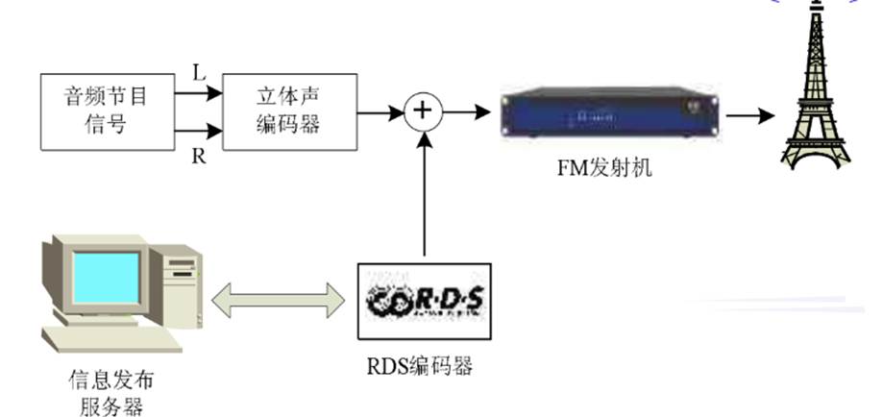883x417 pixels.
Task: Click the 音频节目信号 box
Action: pyautogui.click(x=109, y=110)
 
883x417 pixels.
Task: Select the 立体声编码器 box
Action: pyautogui.click(x=289, y=110)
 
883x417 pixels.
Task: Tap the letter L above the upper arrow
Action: pyautogui.click(x=200, y=72)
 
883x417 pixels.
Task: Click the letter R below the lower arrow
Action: pyautogui.click(x=200, y=156)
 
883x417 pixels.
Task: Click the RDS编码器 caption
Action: pyautogui.click(x=424, y=366)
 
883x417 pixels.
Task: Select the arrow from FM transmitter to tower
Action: pyautogui.click(x=750, y=115)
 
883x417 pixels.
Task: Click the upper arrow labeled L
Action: pyautogui.click(x=200, y=94)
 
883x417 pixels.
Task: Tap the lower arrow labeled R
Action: pyautogui.click(x=200, y=133)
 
